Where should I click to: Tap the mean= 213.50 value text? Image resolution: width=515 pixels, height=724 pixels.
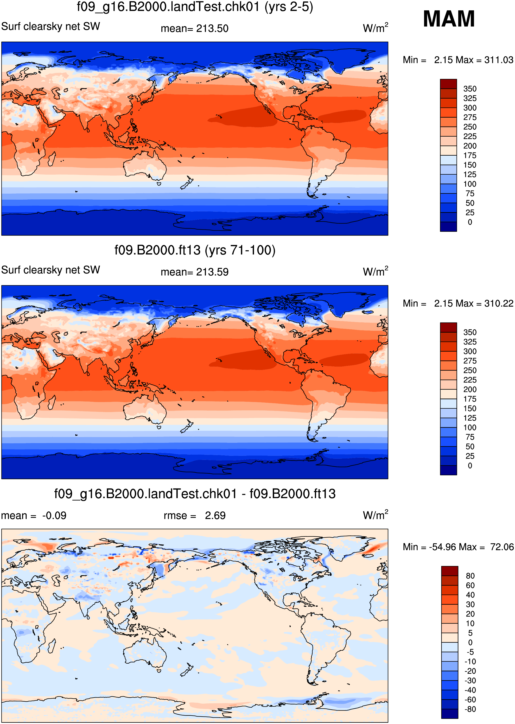[x=194, y=29]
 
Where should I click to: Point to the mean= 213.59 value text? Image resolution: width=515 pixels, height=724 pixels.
[x=194, y=272]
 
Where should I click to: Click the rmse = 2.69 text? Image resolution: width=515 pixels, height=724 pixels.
[x=194, y=516]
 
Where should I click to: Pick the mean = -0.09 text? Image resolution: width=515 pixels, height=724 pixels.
[x=34, y=516]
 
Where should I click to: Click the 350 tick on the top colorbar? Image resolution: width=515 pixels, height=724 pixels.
[x=470, y=89]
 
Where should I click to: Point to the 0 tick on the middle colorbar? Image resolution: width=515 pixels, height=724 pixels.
[x=470, y=465]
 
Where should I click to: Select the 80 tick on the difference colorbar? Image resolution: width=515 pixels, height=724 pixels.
[x=470, y=576]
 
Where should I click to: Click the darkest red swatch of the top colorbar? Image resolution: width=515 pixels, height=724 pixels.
[x=448, y=84]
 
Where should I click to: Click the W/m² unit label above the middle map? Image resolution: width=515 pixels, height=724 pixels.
[x=375, y=272]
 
